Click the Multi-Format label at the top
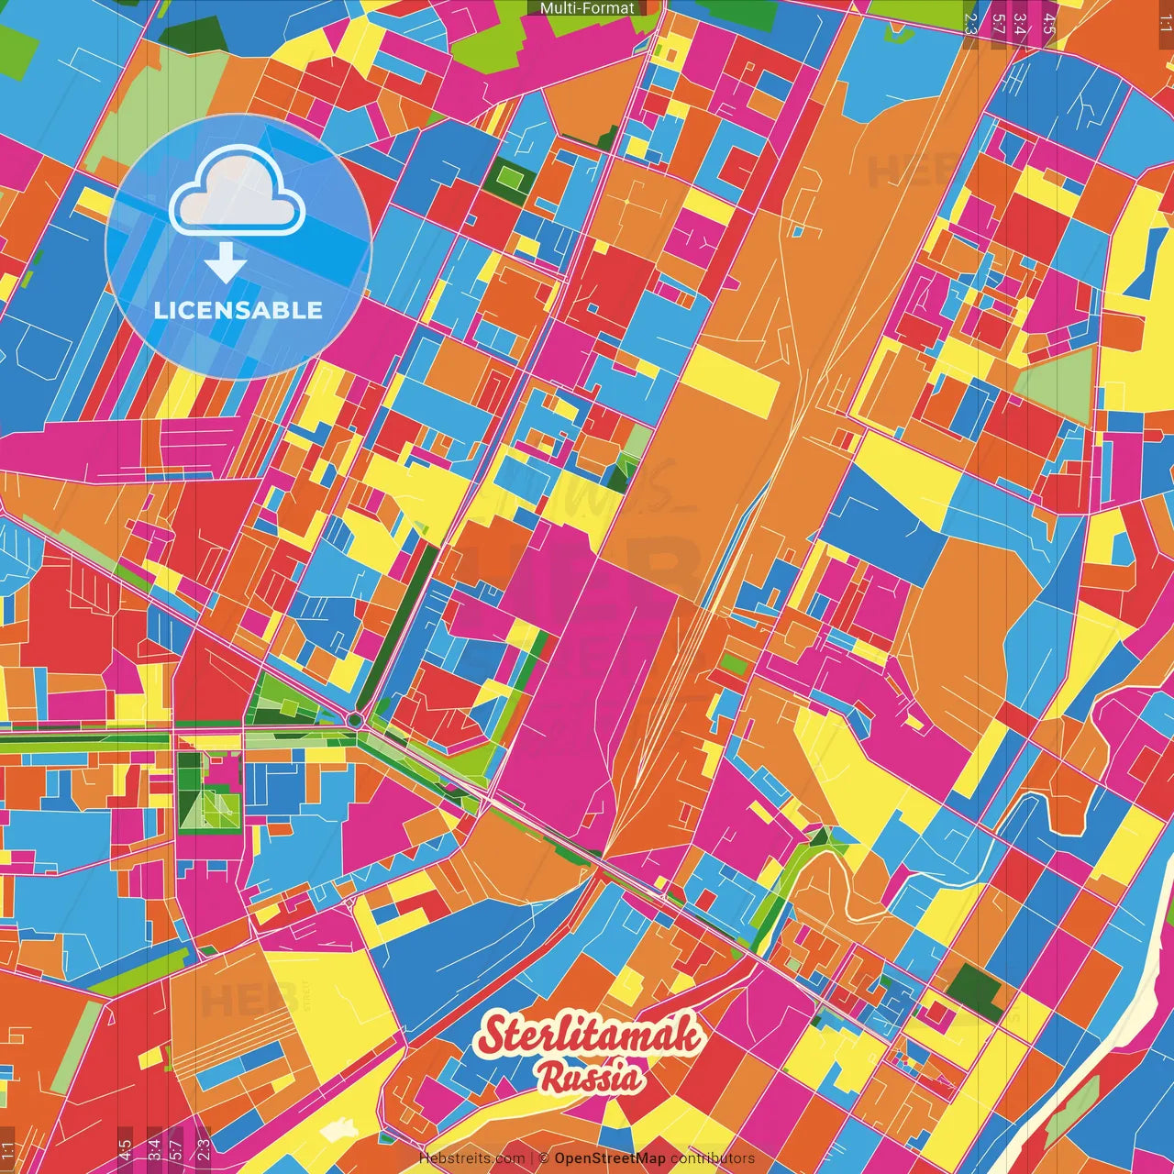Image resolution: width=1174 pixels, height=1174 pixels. [x=587, y=8]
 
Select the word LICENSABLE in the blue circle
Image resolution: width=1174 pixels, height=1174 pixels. [x=238, y=310]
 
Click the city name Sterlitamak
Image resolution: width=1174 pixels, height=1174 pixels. [x=591, y=1036]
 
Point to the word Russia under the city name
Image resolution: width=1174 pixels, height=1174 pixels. [x=591, y=1078]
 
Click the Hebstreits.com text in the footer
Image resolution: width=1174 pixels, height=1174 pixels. [x=471, y=1158]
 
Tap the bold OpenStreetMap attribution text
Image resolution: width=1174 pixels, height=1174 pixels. [x=610, y=1158]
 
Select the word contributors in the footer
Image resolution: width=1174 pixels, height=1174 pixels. [x=713, y=1158]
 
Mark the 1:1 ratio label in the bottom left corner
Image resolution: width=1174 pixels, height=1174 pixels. [x=8, y=1150]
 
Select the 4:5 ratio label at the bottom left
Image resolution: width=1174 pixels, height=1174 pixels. [x=125, y=1150]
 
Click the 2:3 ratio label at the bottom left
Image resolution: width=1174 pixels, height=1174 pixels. [x=204, y=1150]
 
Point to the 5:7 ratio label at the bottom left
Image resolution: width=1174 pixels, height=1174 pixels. [x=176, y=1150]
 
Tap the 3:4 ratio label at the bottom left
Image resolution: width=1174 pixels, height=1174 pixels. [x=153, y=1150]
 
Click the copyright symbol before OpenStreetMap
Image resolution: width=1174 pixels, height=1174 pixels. [x=543, y=1158]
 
